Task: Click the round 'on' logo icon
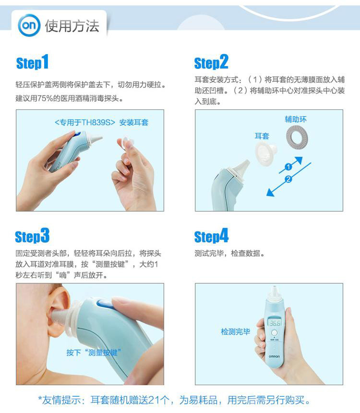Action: click(x=29, y=25)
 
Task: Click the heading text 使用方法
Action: click(x=72, y=26)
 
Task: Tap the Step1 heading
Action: click(x=32, y=62)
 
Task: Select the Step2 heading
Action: click(x=211, y=62)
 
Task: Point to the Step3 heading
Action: click(x=32, y=236)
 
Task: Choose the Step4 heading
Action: click(x=211, y=236)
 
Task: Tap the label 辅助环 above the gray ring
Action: click(x=296, y=119)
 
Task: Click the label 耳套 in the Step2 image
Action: click(x=262, y=136)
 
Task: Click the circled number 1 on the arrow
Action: click(x=288, y=167)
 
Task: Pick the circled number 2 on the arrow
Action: click(x=288, y=180)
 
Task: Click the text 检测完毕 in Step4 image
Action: click(x=235, y=332)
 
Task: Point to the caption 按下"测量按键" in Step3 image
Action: click(x=94, y=352)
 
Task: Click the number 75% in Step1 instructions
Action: click(x=46, y=99)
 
